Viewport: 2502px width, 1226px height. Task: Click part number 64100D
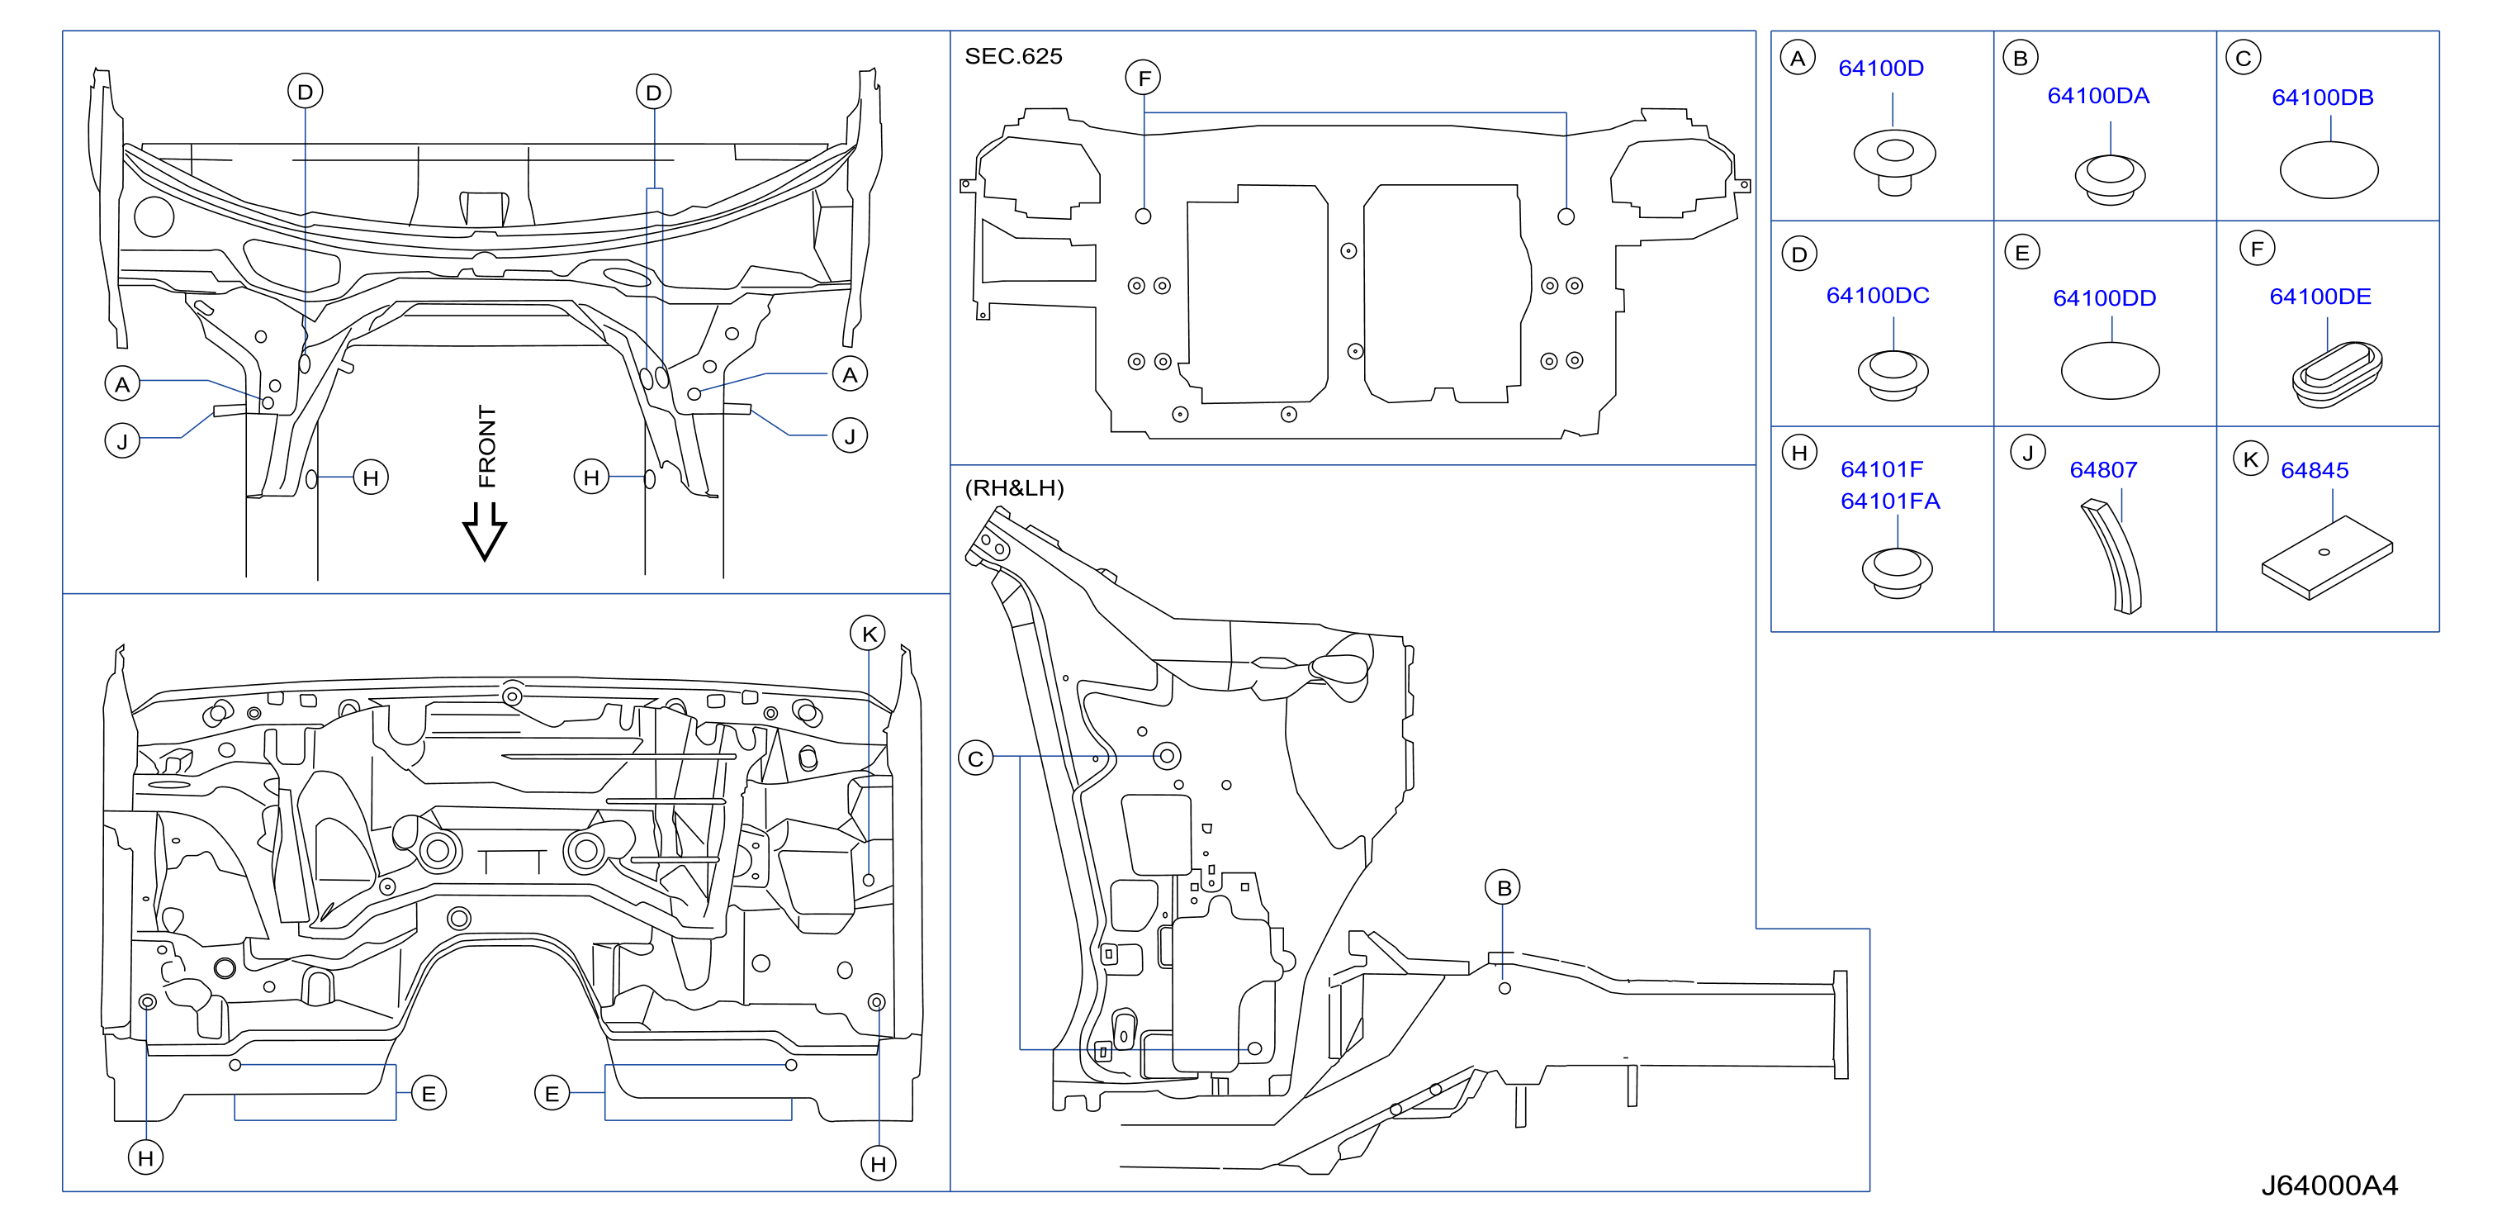tap(1880, 68)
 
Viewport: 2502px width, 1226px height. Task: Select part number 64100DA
tap(2098, 95)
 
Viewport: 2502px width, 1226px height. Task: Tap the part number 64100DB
tap(2322, 97)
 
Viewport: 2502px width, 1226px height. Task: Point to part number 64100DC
tap(1878, 295)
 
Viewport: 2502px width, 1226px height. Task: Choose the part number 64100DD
tap(2104, 298)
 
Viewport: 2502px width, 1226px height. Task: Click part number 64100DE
tap(2320, 297)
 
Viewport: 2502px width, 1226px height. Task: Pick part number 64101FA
tap(1890, 501)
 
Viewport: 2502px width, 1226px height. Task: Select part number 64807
tap(2103, 470)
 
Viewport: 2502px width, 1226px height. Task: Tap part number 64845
tap(2315, 470)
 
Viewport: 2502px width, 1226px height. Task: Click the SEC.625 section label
tap(1013, 56)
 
